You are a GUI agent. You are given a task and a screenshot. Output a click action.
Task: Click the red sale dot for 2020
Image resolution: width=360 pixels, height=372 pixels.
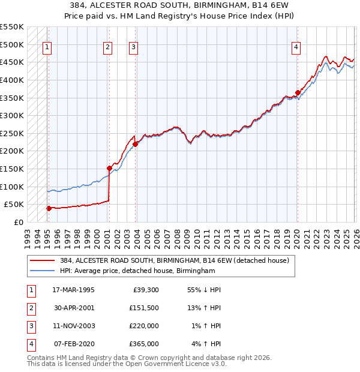(x=298, y=92)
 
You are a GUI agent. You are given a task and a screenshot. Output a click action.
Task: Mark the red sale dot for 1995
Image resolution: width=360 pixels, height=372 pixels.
(x=49, y=208)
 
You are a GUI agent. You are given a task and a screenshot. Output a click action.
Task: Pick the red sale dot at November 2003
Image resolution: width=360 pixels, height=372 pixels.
(x=136, y=144)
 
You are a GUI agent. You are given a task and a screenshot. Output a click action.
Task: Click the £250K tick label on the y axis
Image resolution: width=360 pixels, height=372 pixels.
(x=12, y=133)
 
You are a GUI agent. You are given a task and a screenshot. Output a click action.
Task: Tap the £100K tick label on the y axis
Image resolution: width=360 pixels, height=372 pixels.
(x=12, y=187)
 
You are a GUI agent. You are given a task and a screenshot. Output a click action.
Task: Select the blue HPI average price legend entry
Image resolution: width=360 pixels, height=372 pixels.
(x=137, y=271)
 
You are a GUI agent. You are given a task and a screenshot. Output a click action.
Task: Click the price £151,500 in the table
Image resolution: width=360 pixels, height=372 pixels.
(x=144, y=308)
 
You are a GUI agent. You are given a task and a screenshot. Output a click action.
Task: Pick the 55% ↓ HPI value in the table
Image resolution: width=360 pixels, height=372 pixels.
(x=204, y=290)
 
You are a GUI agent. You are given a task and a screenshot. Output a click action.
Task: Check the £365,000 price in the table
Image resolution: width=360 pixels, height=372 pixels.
(x=144, y=344)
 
